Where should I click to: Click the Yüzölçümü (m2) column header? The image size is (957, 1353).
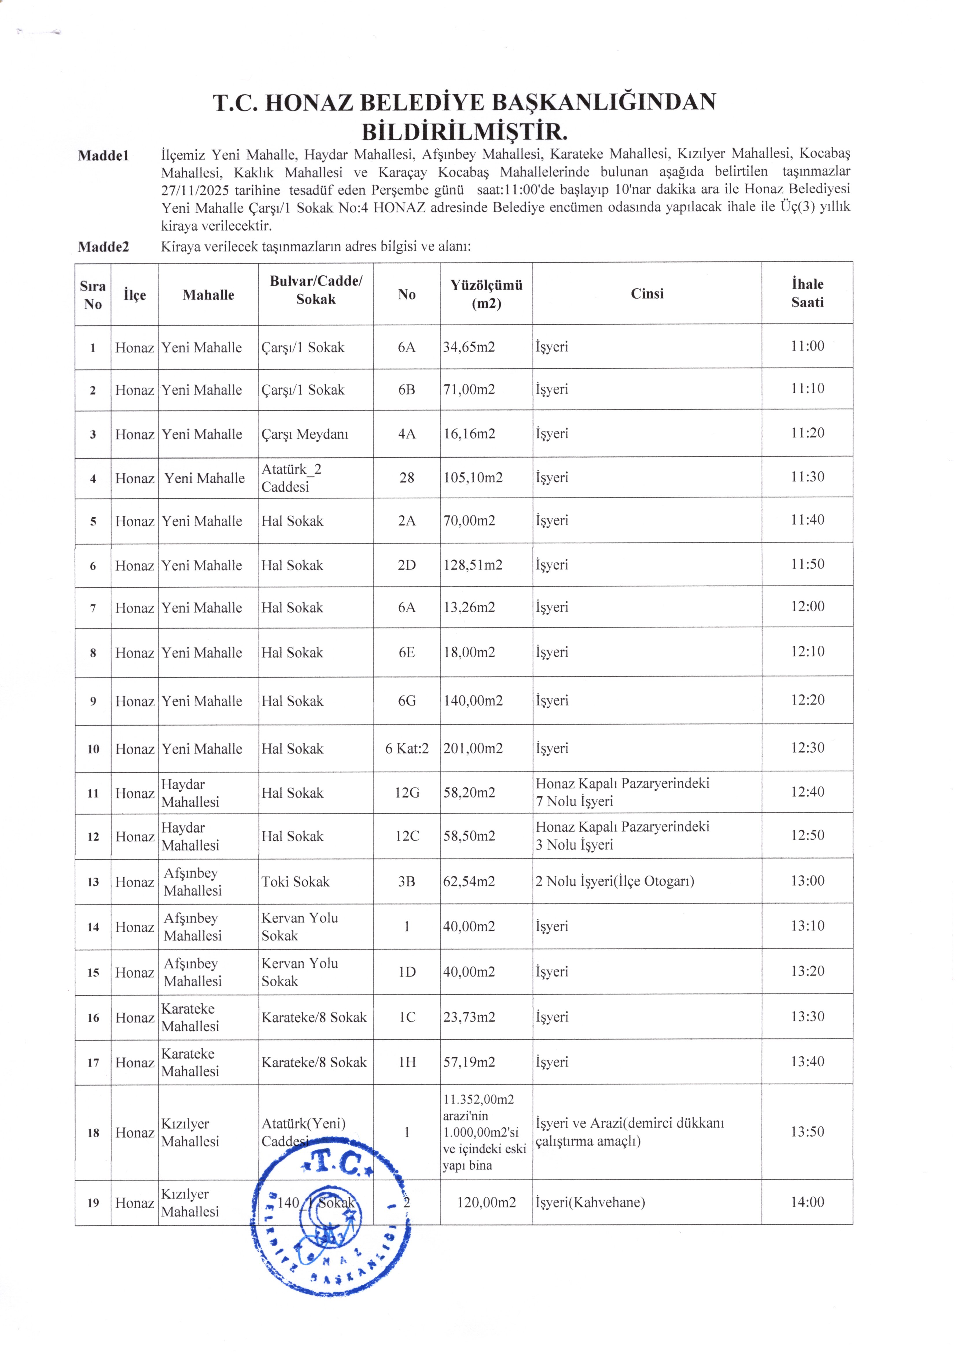coord(486,294)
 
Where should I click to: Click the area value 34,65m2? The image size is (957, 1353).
coord(469,347)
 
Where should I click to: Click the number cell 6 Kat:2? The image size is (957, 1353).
coord(406,748)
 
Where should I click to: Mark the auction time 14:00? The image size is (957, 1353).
coord(807,1202)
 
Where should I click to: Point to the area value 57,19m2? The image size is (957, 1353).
coord(469,1062)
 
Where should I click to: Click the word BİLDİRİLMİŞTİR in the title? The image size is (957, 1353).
coord(464,131)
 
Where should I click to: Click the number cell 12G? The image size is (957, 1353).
coord(406,793)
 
